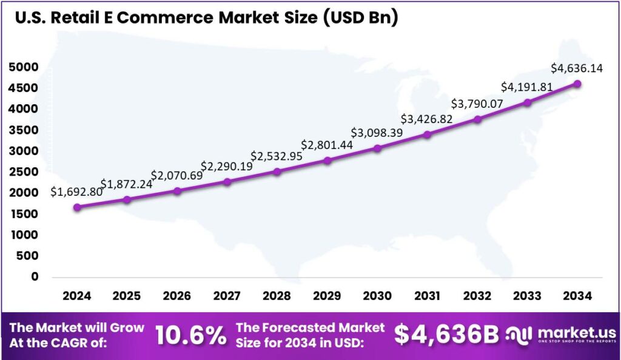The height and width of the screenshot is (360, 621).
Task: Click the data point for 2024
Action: coord(76,207)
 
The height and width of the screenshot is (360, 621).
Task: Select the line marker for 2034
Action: coord(577,84)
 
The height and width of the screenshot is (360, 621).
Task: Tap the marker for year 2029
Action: coord(327,161)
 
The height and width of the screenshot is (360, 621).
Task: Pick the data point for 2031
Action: coord(427,135)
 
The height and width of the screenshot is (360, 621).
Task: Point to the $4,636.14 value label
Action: coord(576,68)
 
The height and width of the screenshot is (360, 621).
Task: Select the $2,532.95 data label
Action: coord(276,157)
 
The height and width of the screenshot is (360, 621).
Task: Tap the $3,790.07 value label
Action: coord(477,104)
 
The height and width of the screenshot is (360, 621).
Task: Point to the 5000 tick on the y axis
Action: coord(24,67)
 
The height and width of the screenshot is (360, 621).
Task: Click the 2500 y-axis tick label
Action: coord(24,172)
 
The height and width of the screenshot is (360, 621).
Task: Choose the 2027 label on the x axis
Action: coord(226,296)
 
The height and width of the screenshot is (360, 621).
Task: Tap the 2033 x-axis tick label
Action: coord(526,296)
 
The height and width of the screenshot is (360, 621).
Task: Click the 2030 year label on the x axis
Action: coord(377,296)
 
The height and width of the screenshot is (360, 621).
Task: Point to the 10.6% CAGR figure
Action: coord(190,335)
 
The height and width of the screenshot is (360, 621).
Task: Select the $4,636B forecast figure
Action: coord(446,335)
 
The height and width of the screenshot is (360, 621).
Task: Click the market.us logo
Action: coord(561,335)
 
